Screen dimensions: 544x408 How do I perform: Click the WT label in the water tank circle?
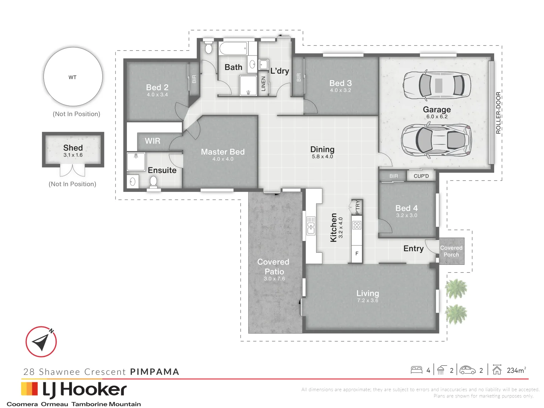[73, 77]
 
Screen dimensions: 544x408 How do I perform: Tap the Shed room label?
[73, 148]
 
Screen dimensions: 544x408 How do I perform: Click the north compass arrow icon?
[41, 342]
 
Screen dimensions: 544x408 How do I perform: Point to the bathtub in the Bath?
[233, 48]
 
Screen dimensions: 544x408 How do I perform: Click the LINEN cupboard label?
[263, 83]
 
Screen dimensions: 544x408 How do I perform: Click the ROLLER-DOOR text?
[498, 113]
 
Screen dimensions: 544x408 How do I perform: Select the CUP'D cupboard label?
[421, 176]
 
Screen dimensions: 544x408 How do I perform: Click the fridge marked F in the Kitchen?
[357, 253]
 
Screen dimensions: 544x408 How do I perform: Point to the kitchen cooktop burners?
[357, 225]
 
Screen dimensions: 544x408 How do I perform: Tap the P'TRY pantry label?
[357, 207]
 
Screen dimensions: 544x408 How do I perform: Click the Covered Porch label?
[451, 251]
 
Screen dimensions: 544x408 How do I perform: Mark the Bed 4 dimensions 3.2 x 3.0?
[407, 215]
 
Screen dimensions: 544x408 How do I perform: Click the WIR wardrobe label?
[152, 141]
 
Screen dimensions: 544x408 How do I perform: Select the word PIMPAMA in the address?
[155, 372]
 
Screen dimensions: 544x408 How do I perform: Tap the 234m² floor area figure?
[516, 370]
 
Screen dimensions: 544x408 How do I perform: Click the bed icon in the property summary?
[416, 370]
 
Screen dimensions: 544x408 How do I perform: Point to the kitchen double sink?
[311, 226]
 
